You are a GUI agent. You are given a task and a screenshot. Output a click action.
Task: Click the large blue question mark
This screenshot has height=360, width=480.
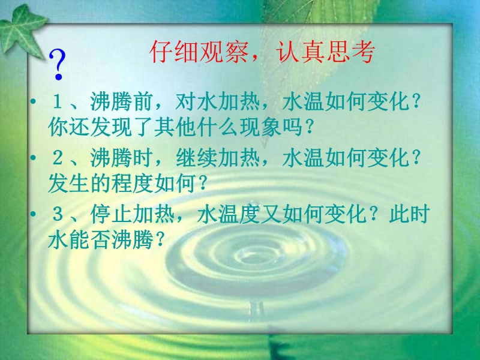pos(57,65)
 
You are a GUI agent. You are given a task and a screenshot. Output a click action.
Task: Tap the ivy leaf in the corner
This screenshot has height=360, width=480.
pos(22,31)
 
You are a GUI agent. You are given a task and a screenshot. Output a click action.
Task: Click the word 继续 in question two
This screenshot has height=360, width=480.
pos(196,158)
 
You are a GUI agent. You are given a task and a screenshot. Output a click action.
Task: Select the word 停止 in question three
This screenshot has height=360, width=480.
pos(111,214)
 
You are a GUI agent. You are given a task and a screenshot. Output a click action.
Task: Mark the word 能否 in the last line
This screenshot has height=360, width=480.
pos(90,239)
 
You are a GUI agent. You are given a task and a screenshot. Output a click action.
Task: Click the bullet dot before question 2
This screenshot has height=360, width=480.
pos(33,158)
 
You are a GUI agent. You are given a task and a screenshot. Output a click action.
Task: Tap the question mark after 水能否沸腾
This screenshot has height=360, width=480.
pos(160,239)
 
